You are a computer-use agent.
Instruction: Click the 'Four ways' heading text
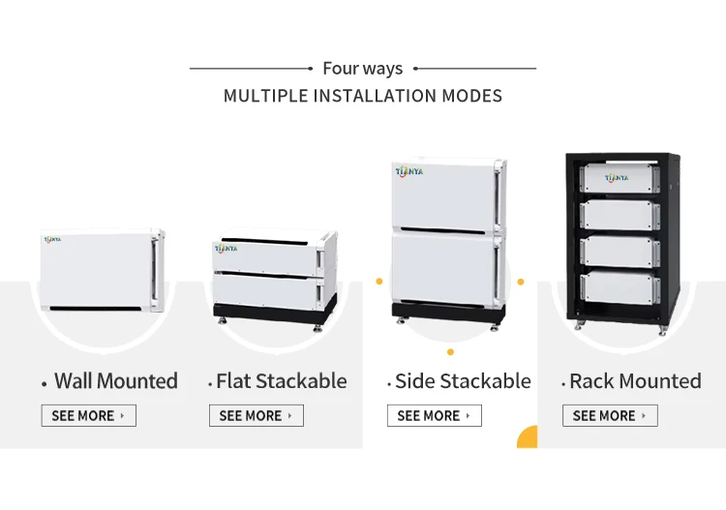coord(362,69)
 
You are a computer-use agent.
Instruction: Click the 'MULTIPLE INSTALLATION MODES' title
coord(362,96)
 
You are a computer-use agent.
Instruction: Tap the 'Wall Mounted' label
coord(115,381)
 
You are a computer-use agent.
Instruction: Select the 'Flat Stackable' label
coord(281,381)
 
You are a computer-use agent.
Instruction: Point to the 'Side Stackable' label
coord(463,381)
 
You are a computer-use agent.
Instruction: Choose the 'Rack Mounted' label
coord(635,381)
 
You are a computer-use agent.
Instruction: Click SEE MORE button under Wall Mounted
coord(88,416)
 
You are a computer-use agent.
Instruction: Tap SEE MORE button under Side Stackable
coord(434,416)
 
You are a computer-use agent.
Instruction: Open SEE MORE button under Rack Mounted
coord(610,416)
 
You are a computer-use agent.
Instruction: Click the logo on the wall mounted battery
coord(52,239)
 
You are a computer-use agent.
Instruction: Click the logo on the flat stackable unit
coord(226,249)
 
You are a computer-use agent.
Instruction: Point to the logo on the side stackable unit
coord(409,171)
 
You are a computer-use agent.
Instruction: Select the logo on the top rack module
coord(617,177)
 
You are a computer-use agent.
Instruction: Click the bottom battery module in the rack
coord(620,285)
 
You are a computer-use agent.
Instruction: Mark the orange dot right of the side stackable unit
coord(521,282)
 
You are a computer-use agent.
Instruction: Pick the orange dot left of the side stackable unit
coord(378,282)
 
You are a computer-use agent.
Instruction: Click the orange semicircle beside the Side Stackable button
coord(528,437)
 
